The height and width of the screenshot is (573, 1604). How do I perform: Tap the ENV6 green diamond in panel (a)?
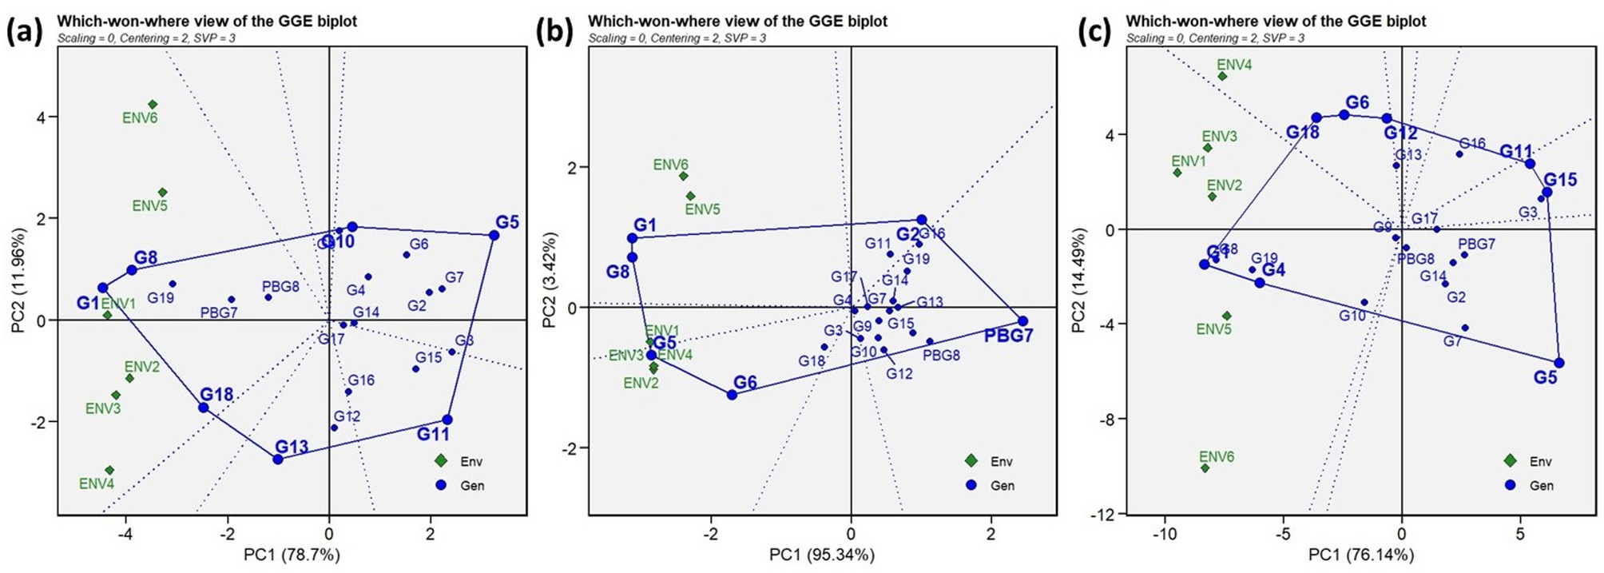[x=153, y=105]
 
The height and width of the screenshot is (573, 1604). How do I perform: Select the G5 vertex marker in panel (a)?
[x=494, y=235]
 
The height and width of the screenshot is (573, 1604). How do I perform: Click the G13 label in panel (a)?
[x=292, y=446]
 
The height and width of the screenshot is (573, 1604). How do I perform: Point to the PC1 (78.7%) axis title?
[x=292, y=554]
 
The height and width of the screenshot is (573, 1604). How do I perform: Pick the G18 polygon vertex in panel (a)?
[x=204, y=408]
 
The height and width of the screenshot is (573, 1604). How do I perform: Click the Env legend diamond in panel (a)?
[x=441, y=461]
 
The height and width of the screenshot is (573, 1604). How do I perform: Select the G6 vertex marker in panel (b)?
[x=732, y=394]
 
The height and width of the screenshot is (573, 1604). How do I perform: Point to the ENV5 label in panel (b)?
[x=703, y=209]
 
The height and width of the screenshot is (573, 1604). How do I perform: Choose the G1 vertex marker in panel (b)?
[x=633, y=238]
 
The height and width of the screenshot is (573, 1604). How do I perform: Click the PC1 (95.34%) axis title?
[x=821, y=554]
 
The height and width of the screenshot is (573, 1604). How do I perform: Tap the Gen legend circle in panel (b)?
[x=971, y=485]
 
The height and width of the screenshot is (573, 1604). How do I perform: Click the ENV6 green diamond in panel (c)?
[x=1205, y=468]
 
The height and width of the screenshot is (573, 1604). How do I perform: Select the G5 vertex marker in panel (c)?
[x=1558, y=363]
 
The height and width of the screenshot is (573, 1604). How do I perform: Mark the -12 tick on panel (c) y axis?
[x=1109, y=513]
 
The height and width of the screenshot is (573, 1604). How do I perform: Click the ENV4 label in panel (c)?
[x=1234, y=65]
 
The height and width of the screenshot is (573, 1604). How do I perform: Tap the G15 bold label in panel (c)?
[x=1560, y=179]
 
